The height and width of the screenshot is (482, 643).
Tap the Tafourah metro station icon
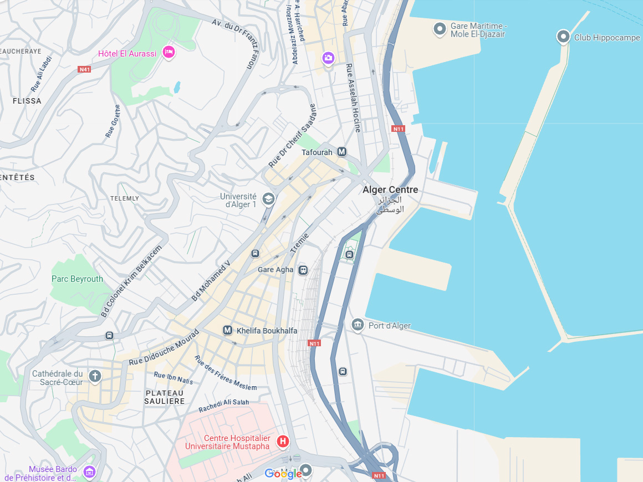point(342,152)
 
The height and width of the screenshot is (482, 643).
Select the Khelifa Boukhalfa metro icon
point(227,330)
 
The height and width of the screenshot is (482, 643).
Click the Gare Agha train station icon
point(303,270)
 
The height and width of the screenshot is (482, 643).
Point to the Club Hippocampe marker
point(563,37)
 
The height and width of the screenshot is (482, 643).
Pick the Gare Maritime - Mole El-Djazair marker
point(440,29)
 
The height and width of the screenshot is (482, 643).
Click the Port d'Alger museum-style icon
point(358,325)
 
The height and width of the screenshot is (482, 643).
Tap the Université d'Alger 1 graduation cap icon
point(269,199)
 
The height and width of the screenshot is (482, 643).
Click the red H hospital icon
point(283,441)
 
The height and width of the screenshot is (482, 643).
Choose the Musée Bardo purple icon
point(89,472)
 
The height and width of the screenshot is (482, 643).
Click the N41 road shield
point(84,69)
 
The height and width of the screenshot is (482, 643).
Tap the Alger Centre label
point(390,190)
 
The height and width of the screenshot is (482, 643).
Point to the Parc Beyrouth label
point(77,279)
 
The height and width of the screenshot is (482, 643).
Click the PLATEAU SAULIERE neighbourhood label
point(164,397)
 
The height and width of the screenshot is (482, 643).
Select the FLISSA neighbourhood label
point(27,101)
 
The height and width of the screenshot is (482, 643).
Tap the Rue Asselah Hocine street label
point(353,98)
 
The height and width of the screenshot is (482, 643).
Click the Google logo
point(283,474)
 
